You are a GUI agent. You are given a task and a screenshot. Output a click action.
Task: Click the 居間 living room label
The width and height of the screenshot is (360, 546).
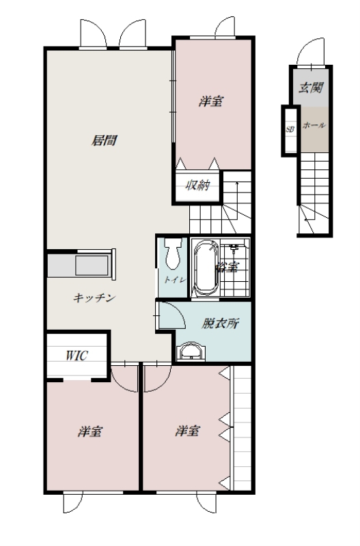(x=104, y=141)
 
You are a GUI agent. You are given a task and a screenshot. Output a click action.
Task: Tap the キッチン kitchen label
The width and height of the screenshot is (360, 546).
(x=94, y=298)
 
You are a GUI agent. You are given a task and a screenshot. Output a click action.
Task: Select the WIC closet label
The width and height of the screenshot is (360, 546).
(x=77, y=356)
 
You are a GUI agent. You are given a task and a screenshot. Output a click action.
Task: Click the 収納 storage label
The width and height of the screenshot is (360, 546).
(x=197, y=185)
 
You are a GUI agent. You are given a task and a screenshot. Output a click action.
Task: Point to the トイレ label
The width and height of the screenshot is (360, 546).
(x=176, y=280)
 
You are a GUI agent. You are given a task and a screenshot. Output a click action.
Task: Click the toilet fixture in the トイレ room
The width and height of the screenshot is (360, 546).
(x=173, y=254)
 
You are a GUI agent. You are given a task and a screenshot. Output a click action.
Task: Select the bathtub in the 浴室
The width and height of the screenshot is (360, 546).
(x=206, y=268)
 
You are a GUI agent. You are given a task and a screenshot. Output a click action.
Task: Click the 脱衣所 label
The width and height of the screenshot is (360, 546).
(x=221, y=324)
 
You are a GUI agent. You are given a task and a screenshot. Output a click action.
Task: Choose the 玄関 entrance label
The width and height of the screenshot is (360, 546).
(x=311, y=87)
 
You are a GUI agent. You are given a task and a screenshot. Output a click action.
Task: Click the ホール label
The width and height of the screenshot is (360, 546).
(x=314, y=125)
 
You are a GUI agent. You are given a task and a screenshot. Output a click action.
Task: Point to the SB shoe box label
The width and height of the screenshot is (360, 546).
(x=290, y=129)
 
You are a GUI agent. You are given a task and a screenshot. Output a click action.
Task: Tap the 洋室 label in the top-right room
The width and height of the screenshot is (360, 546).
(x=211, y=101)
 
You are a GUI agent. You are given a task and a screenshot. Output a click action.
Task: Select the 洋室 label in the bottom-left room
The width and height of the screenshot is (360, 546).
(x=90, y=431)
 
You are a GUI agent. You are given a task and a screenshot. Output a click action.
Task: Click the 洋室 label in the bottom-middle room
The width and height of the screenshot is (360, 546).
(x=187, y=431)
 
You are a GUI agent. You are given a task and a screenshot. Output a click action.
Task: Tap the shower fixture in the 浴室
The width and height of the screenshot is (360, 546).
(x=234, y=248)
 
